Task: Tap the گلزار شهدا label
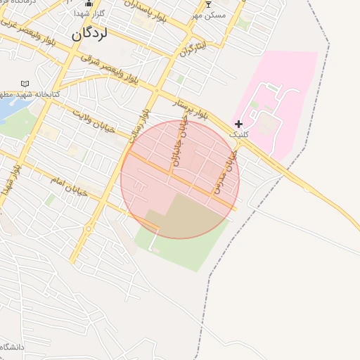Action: pyautogui.click(x=89, y=13)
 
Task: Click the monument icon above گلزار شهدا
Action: pyautogui.click(x=89, y=4)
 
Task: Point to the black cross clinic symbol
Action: pyautogui.click(x=239, y=124)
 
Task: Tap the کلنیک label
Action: pyautogui.click(x=239, y=134)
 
